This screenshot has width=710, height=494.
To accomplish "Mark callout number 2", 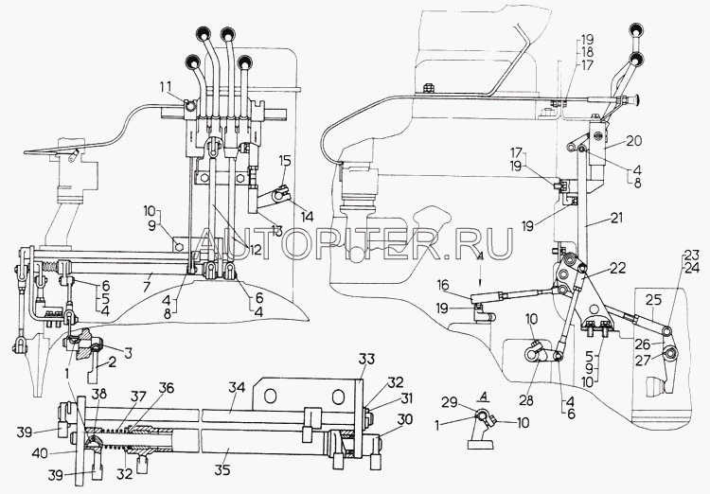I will (x=113, y=362).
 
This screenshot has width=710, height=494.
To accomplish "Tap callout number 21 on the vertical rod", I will (x=617, y=221).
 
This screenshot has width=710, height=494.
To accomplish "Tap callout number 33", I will (x=366, y=360).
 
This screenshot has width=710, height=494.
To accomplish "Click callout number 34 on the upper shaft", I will (x=234, y=387).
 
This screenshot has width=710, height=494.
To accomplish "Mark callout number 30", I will (x=405, y=418).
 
